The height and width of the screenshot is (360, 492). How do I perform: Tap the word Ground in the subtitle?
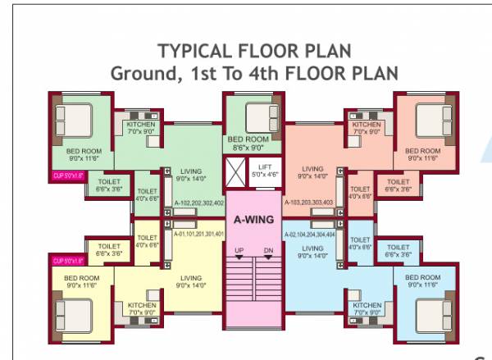point(139,73)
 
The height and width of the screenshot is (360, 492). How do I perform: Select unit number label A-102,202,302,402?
point(198,202)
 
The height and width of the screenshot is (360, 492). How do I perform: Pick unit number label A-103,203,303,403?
point(308,202)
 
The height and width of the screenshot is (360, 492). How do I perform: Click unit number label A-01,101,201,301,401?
point(198,234)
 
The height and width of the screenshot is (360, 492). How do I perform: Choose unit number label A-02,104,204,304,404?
point(308,234)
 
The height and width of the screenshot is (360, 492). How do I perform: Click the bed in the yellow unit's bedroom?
point(72,312)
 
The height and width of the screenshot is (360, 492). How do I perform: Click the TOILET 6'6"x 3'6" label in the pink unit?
point(398,185)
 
